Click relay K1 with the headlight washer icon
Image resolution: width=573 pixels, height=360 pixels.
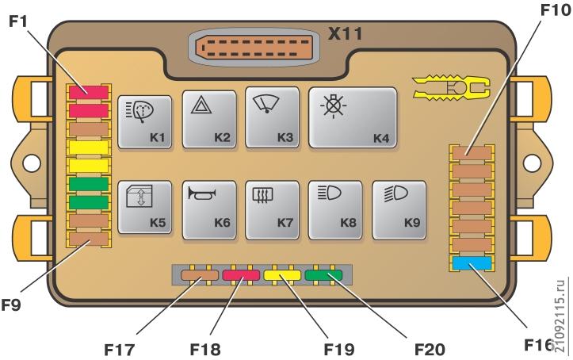145,122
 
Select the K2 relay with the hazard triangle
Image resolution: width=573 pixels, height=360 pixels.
209,120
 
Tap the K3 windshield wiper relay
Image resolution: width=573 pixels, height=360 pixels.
273,117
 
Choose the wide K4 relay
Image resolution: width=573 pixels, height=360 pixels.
353,117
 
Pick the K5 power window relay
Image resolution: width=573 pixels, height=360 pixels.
145,207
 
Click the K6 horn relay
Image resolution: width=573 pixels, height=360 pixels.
209,210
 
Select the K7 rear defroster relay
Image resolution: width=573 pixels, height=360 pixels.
273,210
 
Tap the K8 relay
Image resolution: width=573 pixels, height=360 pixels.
335,210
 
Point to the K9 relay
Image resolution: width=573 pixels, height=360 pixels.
399,210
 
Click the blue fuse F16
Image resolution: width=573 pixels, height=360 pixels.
472,263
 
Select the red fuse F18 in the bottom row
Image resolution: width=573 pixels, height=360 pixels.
241,275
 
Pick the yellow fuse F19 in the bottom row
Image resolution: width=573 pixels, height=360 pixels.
282,275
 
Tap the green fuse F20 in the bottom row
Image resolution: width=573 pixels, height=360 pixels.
323,275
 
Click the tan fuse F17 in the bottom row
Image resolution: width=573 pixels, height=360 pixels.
200,275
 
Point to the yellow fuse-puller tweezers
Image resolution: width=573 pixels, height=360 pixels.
451,88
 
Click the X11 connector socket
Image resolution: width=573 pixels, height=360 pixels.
254,48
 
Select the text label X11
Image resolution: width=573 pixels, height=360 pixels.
346,33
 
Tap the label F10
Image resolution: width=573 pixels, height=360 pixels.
555,10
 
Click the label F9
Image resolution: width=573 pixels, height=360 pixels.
11,304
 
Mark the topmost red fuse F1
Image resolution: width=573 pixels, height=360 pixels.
89,93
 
